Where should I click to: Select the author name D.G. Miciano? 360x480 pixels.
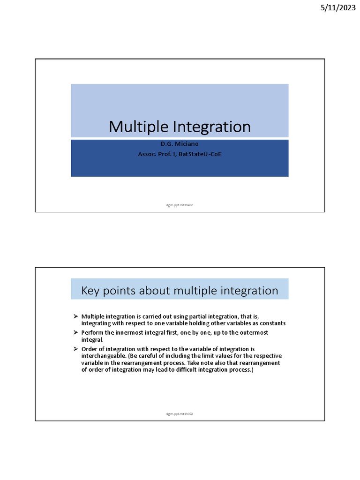(180, 144)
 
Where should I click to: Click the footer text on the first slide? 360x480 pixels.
(180, 205)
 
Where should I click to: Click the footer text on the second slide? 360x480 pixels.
(180, 414)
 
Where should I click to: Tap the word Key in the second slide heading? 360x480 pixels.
(91, 291)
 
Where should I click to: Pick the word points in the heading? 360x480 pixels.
(121, 291)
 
